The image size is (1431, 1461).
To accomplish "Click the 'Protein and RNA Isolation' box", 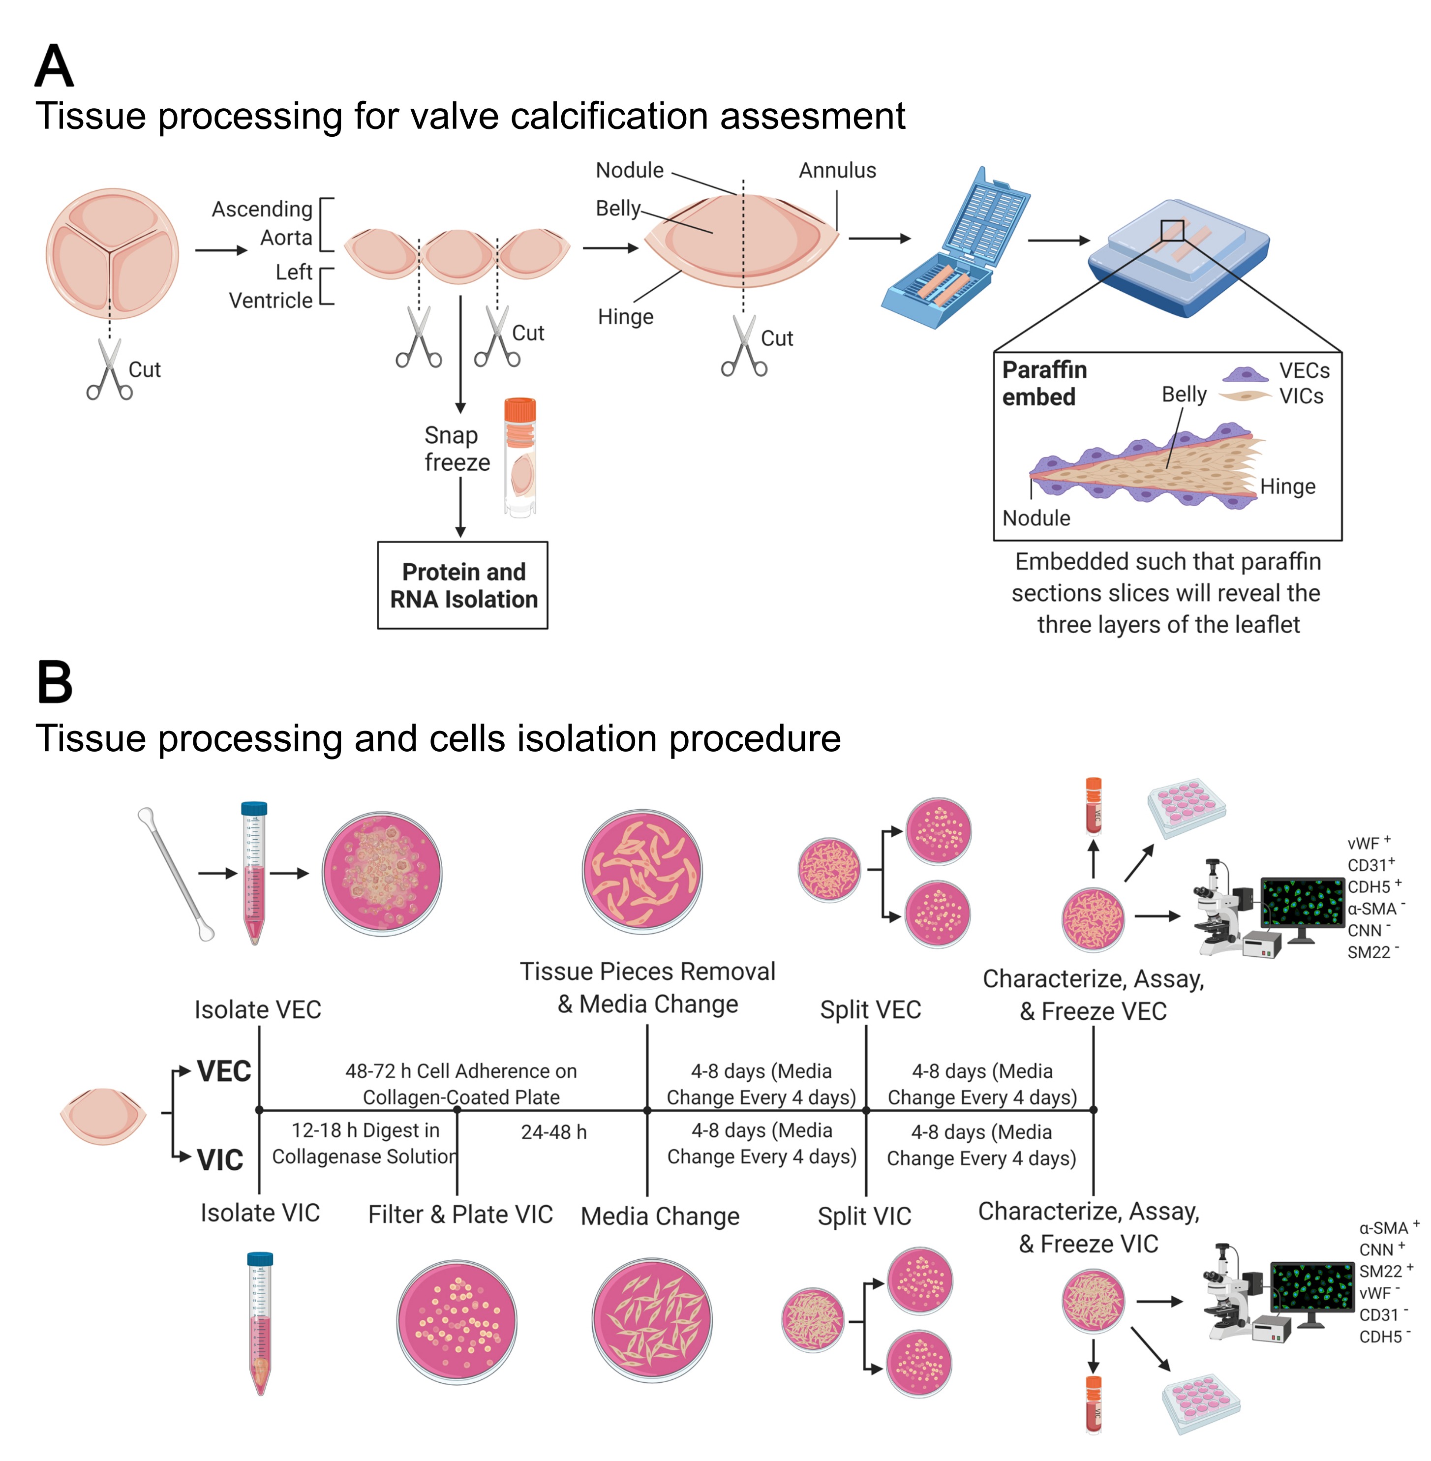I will [462, 585].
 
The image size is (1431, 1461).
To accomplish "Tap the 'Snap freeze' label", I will [456, 449].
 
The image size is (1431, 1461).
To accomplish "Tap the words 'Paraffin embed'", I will [1044, 383].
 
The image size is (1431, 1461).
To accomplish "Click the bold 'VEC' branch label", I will [223, 1071].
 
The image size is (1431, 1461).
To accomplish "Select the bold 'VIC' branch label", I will [219, 1159].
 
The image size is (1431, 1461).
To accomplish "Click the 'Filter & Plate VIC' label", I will [460, 1215].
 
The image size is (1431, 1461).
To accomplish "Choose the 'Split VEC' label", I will [870, 1009].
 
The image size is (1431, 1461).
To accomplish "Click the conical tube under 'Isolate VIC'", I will [260, 1323].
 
